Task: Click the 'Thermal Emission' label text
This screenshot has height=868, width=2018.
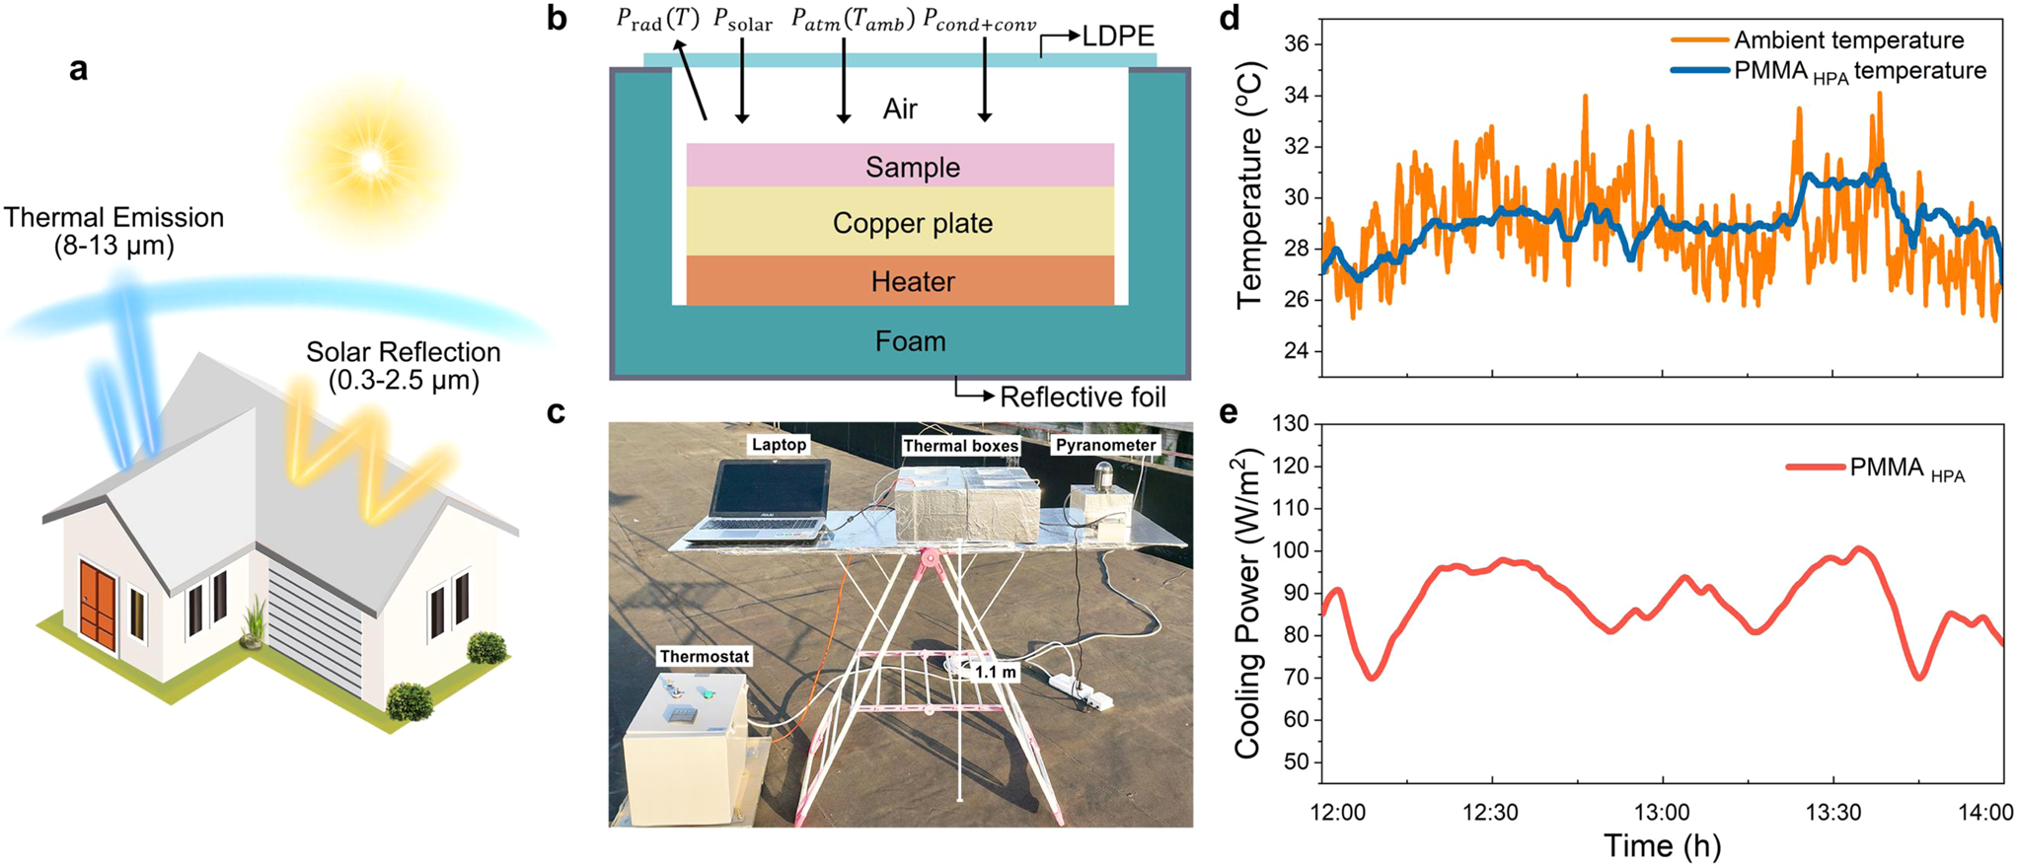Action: tap(114, 218)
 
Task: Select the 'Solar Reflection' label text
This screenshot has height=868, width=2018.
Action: tap(403, 352)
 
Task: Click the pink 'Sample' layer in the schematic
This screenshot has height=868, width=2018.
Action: tap(900, 166)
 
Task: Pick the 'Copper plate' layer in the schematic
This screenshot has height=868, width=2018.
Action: tap(900, 223)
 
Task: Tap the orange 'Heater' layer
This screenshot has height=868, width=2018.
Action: tap(900, 282)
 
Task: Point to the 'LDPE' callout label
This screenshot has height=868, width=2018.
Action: tap(1117, 36)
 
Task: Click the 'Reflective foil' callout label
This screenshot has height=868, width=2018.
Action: tap(1083, 398)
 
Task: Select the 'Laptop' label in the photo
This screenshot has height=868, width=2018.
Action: tap(779, 445)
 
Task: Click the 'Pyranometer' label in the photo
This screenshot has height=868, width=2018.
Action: tap(1105, 446)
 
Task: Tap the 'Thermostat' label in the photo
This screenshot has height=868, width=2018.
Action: tap(705, 657)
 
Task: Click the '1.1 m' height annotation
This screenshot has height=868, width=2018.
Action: tap(995, 673)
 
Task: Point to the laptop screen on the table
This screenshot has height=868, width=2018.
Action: tap(771, 490)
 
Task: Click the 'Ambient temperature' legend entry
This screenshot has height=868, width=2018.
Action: tap(1847, 40)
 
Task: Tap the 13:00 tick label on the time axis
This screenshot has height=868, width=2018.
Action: tap(1662, 813)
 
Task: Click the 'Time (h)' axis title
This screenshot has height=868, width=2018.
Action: tap(1662, 846)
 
